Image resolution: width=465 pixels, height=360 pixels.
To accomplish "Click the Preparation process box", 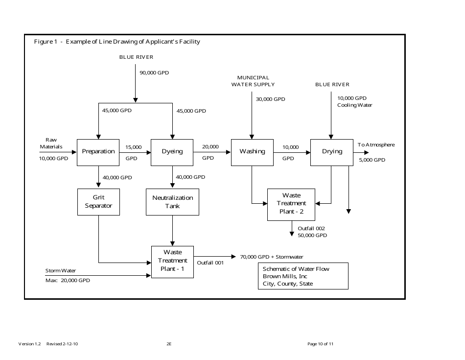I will pos(98,152).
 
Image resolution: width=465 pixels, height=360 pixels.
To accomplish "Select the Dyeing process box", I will pos(172,152).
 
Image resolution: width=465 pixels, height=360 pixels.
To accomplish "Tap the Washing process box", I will pos(252,152).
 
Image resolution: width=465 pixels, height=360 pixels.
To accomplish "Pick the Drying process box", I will pos(332,152).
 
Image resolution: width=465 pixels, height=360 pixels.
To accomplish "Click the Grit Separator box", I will pos(98,202).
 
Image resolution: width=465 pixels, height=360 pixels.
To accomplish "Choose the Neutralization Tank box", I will pos(172,202).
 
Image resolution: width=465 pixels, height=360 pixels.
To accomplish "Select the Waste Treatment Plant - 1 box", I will pos(172,261).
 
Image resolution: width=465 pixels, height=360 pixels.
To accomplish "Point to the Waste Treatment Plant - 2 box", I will pos(291,203).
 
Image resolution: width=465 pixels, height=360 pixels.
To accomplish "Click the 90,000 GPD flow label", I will pos(154,73).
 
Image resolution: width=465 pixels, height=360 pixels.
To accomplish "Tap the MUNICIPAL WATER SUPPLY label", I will pos(253,81).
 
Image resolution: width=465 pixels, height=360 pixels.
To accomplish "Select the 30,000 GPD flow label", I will pos(270,99).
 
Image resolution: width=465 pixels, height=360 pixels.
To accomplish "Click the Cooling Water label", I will pos(354,105).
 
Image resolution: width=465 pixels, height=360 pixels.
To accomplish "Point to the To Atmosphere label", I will pos(376,145).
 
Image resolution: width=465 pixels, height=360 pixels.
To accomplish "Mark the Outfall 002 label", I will pos(311,228).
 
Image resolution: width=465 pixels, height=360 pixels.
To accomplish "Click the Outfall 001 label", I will pos(210,263).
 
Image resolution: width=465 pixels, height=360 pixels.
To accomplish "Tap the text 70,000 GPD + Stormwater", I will pos(271,257).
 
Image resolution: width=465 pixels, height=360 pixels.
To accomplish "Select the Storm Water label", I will pos(61,271).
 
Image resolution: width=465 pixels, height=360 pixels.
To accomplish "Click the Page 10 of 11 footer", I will pos(320,344).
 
